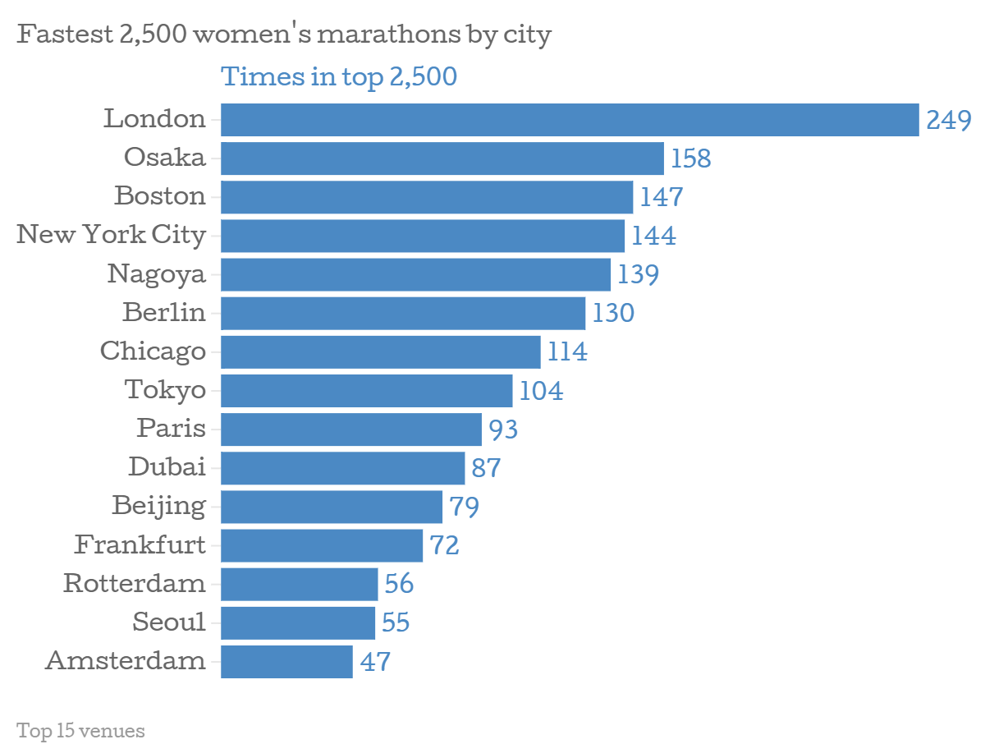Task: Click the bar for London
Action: click(569, 120)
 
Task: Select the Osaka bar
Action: click(442, 158)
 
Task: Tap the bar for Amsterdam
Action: click(286, 661)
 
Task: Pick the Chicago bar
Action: click(380, 351)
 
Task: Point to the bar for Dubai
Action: click(342, 468)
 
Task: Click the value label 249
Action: click(948, 121)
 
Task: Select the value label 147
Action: click(662, 197)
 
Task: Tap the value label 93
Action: click(503, 429)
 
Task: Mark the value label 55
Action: click(396, 622)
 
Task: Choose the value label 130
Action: click(613, 313)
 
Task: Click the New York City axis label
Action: click(112, 235)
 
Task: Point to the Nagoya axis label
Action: click(156, 274)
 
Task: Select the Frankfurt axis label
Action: click(140, 544)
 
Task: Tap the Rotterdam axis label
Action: click(135, 583)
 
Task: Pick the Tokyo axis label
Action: click(165, 389)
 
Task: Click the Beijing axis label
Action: click(158, 506)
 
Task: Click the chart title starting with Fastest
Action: click(284, 35)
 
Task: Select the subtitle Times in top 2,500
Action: click(339, 77)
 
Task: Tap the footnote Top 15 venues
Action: click(80, 730)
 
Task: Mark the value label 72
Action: click(444, 545)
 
